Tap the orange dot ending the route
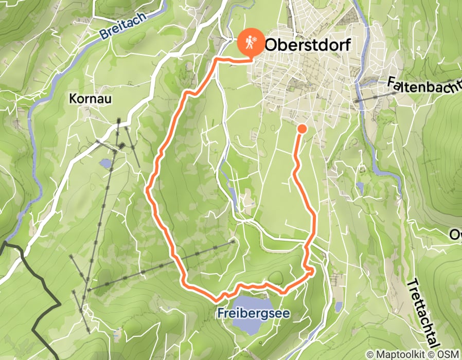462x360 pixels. [302, 128]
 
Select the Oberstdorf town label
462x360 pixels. [307, 45]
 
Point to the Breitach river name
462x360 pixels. [123, 26]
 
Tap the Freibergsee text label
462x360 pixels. [253, 313]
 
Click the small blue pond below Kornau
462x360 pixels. [106, 164]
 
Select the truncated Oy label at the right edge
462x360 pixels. [455, 236]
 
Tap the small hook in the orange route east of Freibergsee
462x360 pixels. [310, 271]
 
